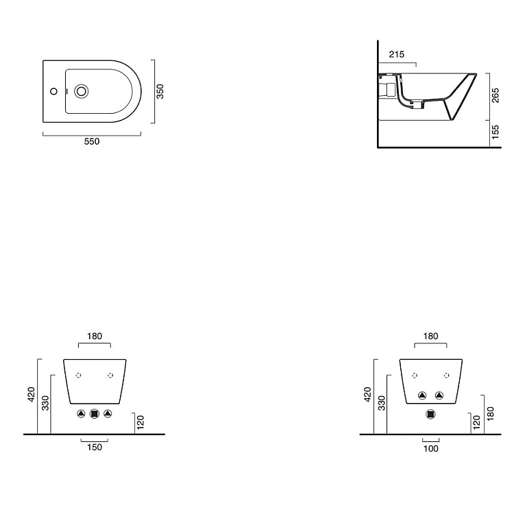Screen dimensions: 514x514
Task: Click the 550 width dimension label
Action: pos(92,141)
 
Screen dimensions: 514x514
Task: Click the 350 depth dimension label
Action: pos(160,91)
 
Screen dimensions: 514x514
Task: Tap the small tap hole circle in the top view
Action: pos(53,91)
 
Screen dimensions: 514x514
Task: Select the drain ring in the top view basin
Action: pos(81,91)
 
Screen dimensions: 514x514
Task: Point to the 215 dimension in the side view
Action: pos(397,54)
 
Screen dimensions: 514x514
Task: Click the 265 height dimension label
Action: pos(495,95)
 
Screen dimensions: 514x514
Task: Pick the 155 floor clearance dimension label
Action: pos(495,132)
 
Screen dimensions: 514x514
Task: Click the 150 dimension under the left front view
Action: pos(95,447)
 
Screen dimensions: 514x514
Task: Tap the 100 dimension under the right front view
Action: pos(431,448)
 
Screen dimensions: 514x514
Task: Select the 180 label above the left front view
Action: pos(95,336)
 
